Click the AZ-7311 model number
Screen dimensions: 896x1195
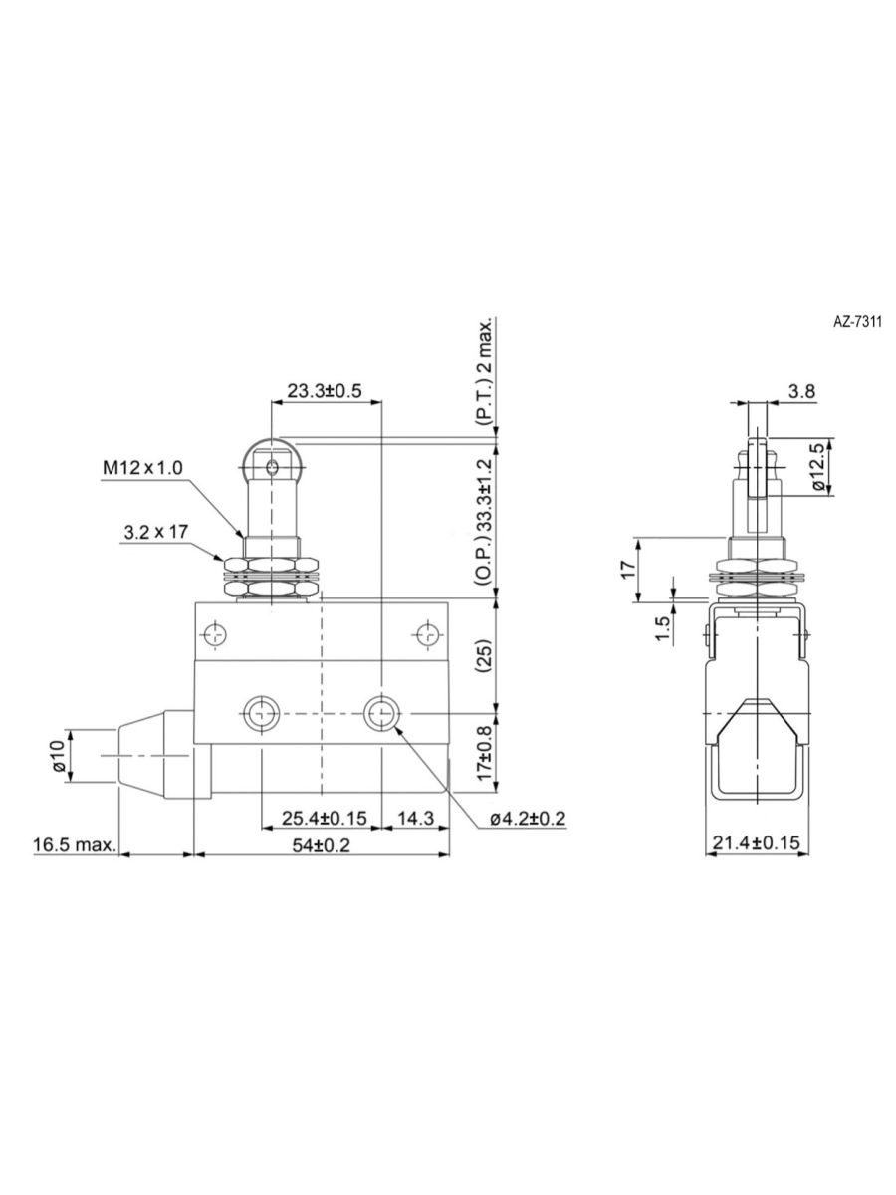coord(857,322)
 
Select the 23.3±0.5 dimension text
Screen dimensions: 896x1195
coord(325,391)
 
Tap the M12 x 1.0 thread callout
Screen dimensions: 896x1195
coord(143,468)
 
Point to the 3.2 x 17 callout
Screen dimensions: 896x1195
coord(155,532)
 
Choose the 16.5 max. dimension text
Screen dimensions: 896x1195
coord(75,844)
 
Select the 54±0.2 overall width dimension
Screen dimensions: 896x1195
coord(322,844)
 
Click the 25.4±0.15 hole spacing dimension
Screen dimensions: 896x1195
coord(325,818)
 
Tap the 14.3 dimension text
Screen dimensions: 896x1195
coord(415,818)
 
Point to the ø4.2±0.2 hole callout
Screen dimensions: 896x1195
coord(528,818)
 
